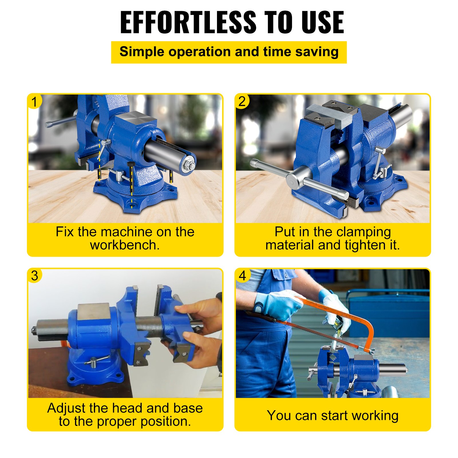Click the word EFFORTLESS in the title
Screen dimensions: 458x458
[188, 22]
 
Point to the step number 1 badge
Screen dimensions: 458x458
[35, 102]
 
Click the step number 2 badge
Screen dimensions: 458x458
[242, 102]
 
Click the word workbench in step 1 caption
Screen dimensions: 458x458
[123, 245]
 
